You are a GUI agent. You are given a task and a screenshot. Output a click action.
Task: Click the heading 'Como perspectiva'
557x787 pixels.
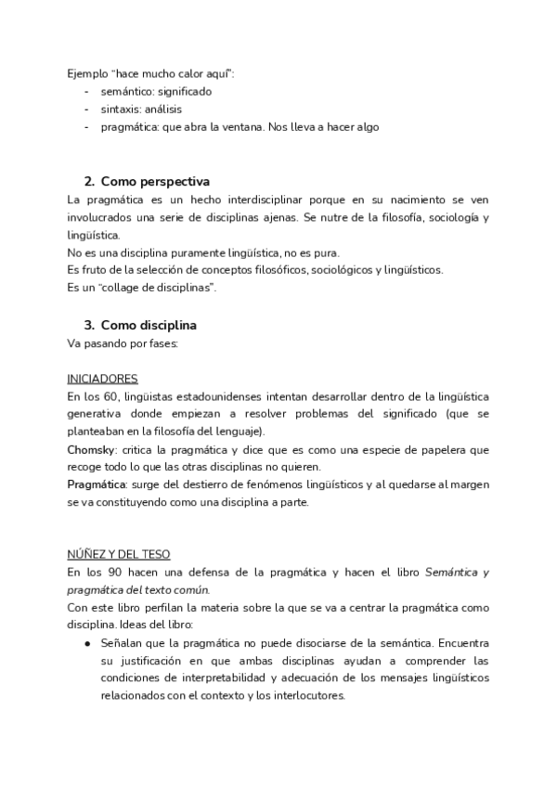[155, 181]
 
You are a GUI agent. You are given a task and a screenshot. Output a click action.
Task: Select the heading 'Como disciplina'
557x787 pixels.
[149, 326]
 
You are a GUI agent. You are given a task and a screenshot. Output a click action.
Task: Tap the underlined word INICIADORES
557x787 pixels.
[103, 379]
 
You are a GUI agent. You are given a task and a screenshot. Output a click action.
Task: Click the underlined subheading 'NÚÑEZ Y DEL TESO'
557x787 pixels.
[118, 555]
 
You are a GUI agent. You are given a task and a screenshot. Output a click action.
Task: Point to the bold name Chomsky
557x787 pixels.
[90, 449]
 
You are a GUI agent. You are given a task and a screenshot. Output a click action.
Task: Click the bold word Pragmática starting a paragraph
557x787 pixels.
[97, 484]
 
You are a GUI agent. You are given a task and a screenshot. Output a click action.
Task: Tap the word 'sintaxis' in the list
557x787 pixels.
[122, 109]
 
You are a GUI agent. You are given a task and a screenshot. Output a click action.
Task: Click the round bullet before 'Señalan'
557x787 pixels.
[86, 643]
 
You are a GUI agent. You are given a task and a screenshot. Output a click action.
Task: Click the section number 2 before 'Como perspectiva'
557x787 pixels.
[88, 181]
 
